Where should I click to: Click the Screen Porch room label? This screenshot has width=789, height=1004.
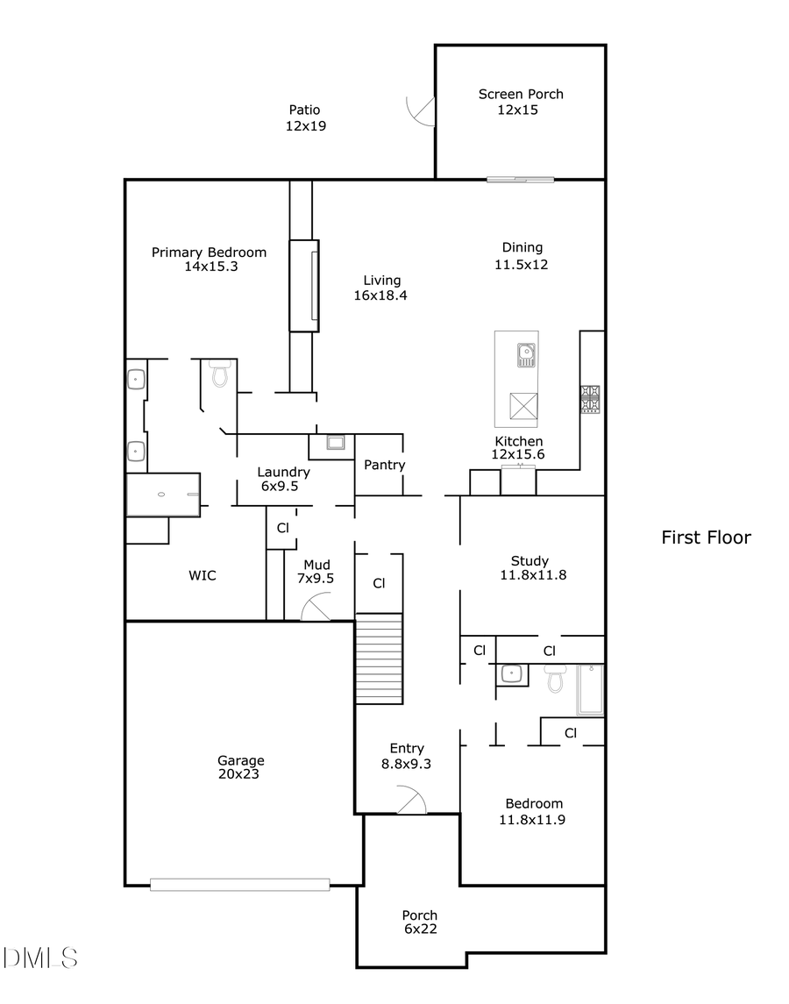click(521, 94)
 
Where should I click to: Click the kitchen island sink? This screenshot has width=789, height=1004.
click(526, 354)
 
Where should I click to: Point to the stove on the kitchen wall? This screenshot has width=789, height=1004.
click(590, 399)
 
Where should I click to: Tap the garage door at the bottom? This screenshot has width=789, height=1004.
click(239, 885)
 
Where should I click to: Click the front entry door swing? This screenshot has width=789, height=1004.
click(410, 801)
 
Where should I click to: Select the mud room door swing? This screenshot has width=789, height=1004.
click(316, 607)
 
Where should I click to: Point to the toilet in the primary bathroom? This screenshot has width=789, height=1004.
click(219, 374)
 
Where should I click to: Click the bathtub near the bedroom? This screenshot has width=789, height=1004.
click(589, 689)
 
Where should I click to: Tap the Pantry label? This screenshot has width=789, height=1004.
click(384, 465)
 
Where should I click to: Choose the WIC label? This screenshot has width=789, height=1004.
click(202, 576)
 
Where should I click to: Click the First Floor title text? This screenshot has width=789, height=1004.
click(706, 538)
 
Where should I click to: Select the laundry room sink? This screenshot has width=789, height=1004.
click(336, 442)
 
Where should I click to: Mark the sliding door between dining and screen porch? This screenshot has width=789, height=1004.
click(521, 180)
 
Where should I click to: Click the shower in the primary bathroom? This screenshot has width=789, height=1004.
click(163, 495)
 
